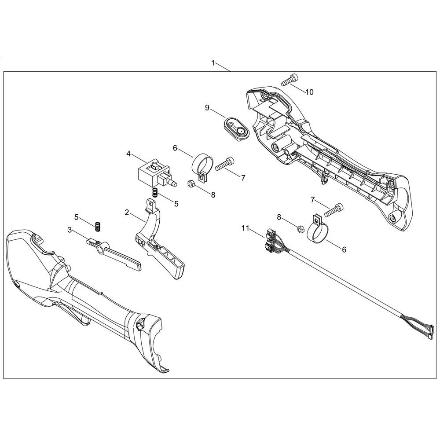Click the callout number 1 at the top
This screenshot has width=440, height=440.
(x=213, y=63)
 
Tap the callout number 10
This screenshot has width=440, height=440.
(x=309, y=92)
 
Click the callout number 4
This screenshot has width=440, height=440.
(x=128, y=154)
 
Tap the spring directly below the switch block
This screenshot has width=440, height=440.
(x=155, y=192)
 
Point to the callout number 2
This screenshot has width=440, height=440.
(x=127, y=213)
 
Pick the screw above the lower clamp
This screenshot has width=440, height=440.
(x=334, y=210)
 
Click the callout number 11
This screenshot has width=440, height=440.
(x=245, y=228)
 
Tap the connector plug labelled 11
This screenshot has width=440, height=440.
(x=270, y=242)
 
